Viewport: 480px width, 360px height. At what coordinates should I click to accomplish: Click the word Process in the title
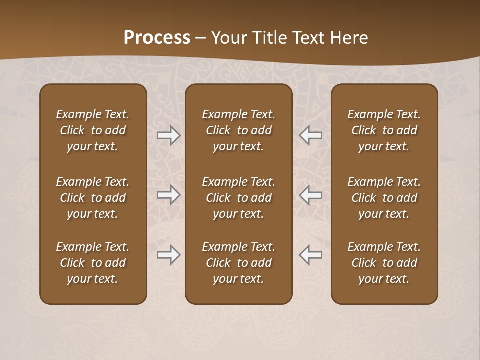click(157, 38)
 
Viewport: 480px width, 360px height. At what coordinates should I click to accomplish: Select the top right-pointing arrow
click(169, 135)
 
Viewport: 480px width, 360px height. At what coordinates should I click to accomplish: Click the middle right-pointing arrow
click(169, 195)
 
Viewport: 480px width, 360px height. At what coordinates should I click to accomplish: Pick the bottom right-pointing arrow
click(169, 255)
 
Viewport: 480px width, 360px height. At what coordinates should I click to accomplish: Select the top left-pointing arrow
click(310, 135)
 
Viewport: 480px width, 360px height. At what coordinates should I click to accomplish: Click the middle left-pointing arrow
click(310, 195)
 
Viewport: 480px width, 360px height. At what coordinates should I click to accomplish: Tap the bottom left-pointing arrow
click(310, 255)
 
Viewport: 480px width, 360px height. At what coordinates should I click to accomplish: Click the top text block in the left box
click(93, 130)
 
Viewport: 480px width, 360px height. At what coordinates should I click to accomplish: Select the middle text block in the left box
click(93, 198)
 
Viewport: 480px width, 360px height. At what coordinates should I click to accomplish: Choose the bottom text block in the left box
click(93, 263)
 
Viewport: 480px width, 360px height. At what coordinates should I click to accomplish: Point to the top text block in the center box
click(238, 130)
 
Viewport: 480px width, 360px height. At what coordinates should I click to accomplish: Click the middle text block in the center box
click(238, 198)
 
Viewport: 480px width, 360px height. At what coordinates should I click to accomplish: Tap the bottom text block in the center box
click(238, 263)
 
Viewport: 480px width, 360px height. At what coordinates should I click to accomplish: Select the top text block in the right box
click(384, 130)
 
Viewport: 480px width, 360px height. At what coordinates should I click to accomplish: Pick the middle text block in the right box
click(384, 198)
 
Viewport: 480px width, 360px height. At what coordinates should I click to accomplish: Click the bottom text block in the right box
click(384, 263)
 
